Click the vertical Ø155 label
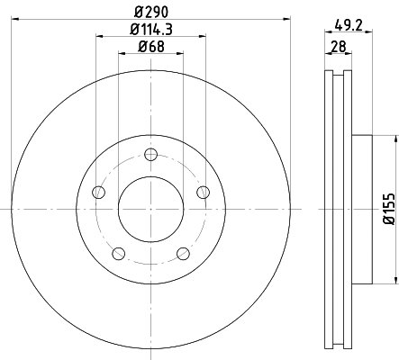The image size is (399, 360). pos(388,206)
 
